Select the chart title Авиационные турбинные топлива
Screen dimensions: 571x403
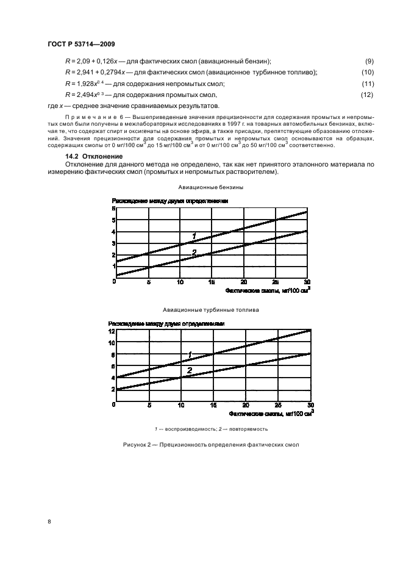[x=212, y=310]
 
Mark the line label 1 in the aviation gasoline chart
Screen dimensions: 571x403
[x=194, y=235]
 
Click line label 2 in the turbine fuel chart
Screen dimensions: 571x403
[x=189, y=370]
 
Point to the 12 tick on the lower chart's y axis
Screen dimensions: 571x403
[x=112, y=331]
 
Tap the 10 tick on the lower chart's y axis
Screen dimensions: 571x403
[x=112, y=343]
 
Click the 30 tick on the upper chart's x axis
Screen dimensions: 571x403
[x=307, y=282]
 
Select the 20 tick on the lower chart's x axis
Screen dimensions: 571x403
[x=245, y=405]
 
